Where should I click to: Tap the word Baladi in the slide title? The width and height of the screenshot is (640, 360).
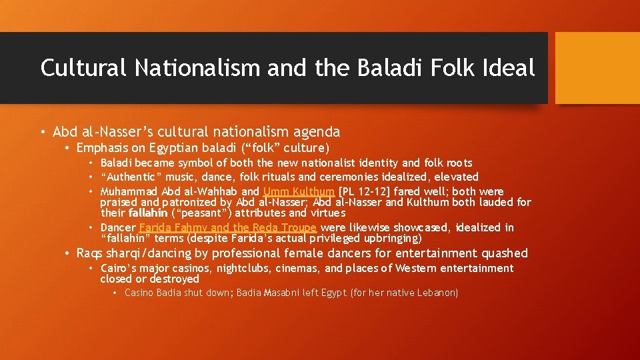click(x=387, y=67)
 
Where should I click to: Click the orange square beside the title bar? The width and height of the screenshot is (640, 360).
click(x=597, y=68)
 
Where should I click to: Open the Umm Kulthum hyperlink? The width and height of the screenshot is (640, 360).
click(x=299, y=191)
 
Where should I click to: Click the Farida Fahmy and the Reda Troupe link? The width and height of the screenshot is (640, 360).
click(x=228, y=227)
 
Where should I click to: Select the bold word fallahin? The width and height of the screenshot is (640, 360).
click(x=143, y=213)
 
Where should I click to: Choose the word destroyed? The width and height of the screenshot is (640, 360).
click(x=175, y=279)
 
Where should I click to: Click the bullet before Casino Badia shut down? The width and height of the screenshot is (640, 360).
click(x=115, y=293)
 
